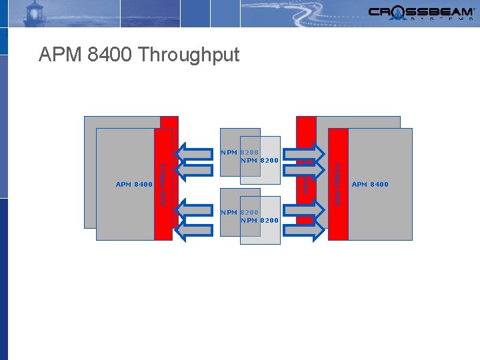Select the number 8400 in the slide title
coord(107,55)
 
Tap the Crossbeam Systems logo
coord(421,13)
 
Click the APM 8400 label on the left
coord(134,184)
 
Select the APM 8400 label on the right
coord(370,184)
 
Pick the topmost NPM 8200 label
coord(239,153)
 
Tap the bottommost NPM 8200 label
coord(259,220)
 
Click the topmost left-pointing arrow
coord(200,153)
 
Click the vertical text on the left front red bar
coord(162,184)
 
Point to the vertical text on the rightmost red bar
coord(338,184)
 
